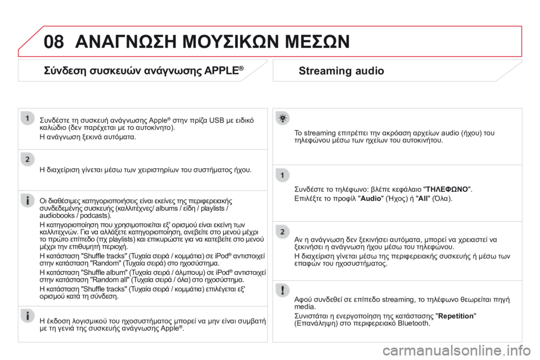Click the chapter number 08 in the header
pyautogui.click(x=54, y=42)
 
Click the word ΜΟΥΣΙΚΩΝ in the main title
pyautogui.click(x=231, y=42)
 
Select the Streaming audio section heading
pyautogui.click(x=341, y=71)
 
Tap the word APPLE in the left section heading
pyautogui.click(x=221, y=71)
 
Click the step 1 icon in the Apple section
pyautogui.click(x=28, y=118)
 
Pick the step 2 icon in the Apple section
pyautogui.click(x=28, y=160)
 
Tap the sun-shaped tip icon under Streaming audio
pyautogui.click(x=282, y=118)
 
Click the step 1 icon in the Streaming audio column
pyautogui.click(x=282, y=175)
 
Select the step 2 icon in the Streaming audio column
pyautogui.click(x=282, y=232)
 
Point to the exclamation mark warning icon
pyautogui.click(x=282, y=290)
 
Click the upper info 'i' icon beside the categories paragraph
pyautogui.click(x=28, y=200)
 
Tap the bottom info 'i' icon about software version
pyautogui.click(x=28, y=316)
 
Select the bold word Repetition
pyautogui.click(x=456, y=316)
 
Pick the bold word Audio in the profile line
pyautogui.click(x=371, y=199)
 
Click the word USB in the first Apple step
pyautogui.click(x=217, y=120)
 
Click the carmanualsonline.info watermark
pyautogui.click(x=457, y=350)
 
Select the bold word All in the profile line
pyautogui.click(x=422, y=199)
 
